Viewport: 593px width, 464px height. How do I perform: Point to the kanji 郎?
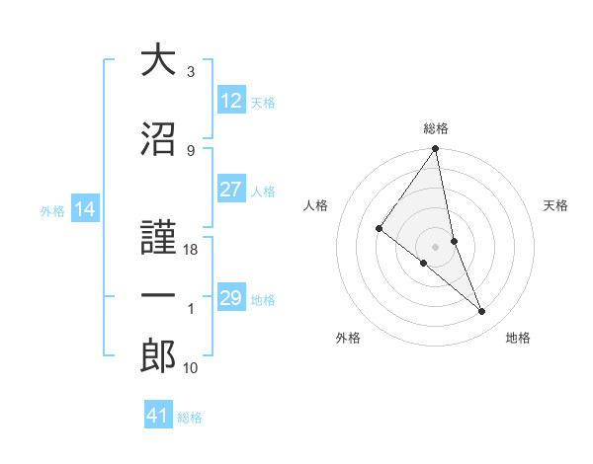(158, 356)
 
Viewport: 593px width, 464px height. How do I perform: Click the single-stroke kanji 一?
(158, 297)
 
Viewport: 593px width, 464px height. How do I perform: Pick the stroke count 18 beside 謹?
(191, 250)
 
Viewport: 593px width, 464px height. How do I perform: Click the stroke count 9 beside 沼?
(191, 150)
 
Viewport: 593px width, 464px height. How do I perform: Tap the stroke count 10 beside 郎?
(191, 368)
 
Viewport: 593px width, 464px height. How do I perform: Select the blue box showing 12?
(230, 101)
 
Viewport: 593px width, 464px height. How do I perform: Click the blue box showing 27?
(230, 190)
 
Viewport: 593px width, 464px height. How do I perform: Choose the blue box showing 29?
(230, 298)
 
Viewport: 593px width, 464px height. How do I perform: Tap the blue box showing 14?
(84, 209)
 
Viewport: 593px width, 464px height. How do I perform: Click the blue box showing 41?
(158, 416)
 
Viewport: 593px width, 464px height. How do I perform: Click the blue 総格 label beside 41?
(190, 418)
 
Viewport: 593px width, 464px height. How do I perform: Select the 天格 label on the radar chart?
(555, 205)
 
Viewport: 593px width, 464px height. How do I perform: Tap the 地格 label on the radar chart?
(518, 338)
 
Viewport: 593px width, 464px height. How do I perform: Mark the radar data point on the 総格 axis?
(435, 149)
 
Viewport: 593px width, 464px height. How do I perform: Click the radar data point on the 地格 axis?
(482, 312)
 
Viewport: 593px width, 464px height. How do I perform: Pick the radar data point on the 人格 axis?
(379, 228)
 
